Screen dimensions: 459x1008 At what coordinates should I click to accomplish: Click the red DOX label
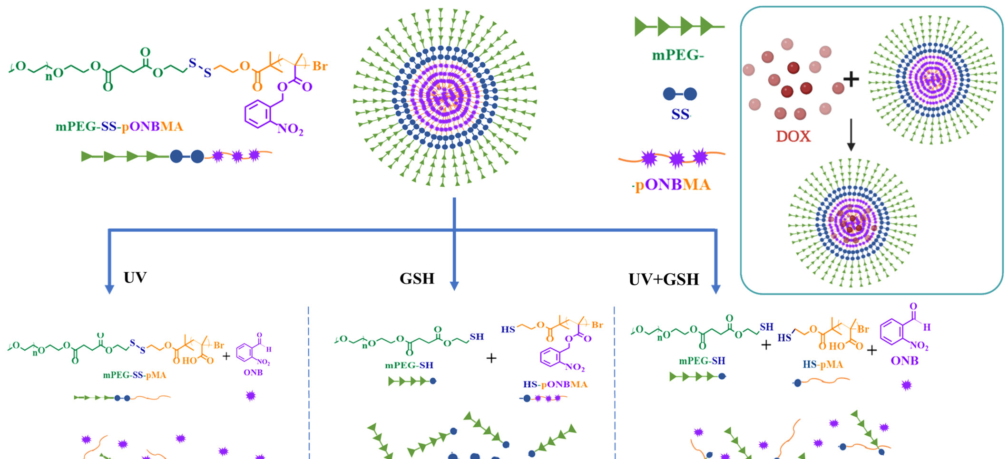[793, 136]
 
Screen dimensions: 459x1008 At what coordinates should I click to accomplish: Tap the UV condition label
[135, 277]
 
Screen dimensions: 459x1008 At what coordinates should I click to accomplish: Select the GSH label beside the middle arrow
[417, 278]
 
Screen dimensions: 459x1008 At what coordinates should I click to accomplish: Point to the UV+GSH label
[664, 279]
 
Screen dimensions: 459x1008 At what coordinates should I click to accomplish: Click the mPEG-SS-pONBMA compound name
[119, 126]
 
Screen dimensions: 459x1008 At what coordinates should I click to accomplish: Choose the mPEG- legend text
[677, 56]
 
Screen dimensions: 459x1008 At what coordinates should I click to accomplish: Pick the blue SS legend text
[680, 115]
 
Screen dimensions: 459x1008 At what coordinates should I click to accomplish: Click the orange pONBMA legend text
[673, 184]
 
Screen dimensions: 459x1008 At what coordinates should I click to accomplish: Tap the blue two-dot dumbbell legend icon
[680, 94]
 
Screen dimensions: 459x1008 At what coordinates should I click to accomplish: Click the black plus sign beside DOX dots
[851, 79]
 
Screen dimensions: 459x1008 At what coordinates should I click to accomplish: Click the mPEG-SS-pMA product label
[135, 375]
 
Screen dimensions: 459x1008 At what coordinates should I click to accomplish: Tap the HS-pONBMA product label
[555, 384]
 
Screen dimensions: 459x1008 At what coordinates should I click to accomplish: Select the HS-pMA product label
[822, 364]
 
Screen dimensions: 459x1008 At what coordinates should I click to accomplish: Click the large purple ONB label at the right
[904, 361]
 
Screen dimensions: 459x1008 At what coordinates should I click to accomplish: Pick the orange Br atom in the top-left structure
[319, 66]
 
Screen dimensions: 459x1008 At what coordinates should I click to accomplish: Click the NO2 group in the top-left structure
[290, 129]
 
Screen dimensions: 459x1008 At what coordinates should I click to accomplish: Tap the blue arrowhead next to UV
[109, 289]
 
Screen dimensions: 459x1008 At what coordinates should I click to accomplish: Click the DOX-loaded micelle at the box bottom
[852, 223]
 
